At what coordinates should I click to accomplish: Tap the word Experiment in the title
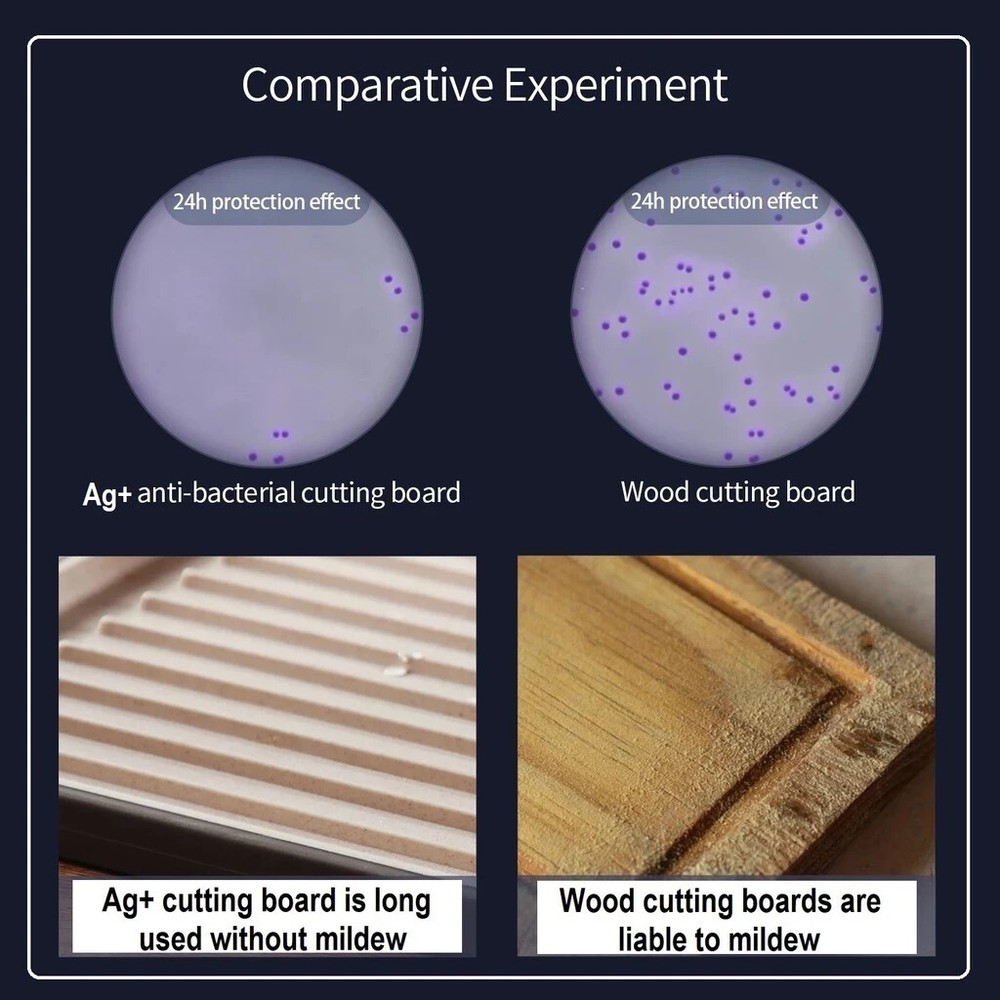coord(615,86)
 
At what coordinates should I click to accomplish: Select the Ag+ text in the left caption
coord(106,494)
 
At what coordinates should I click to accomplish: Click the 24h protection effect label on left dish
coord(266,202)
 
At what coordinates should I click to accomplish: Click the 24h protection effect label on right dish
coord(724,202)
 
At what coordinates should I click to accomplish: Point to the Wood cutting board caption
coord(737,492)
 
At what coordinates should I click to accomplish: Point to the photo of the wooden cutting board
coord(726,710)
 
